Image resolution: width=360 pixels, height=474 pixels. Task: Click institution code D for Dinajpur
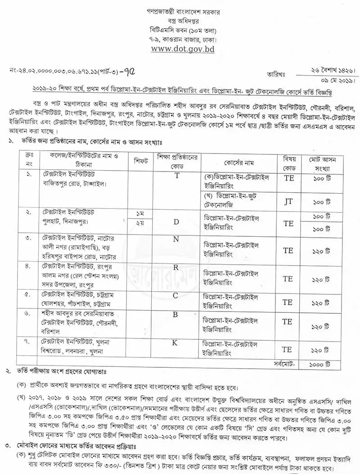click(177, 222)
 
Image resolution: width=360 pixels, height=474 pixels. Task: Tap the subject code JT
click(288, 202)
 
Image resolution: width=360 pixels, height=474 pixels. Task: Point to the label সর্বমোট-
click(283, 361)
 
